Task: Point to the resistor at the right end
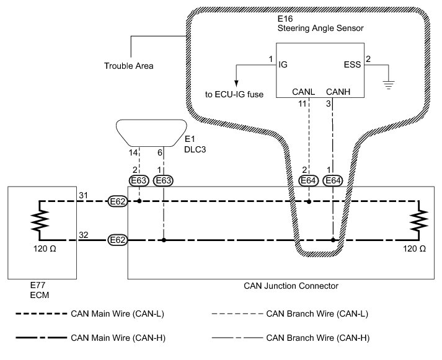click(x=421, y=221)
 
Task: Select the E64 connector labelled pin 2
click(x=309, y=180)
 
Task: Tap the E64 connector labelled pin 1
click(x=334, y=180)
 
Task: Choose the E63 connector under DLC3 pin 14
click(x=139, y=180)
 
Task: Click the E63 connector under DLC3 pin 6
click(x=164, y=180)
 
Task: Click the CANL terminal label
click(x=304, y=92)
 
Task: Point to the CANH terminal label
click(x=338, y=92)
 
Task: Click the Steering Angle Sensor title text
click(x=320, y=27)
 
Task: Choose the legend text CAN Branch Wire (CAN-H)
click(x=317, y=338)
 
